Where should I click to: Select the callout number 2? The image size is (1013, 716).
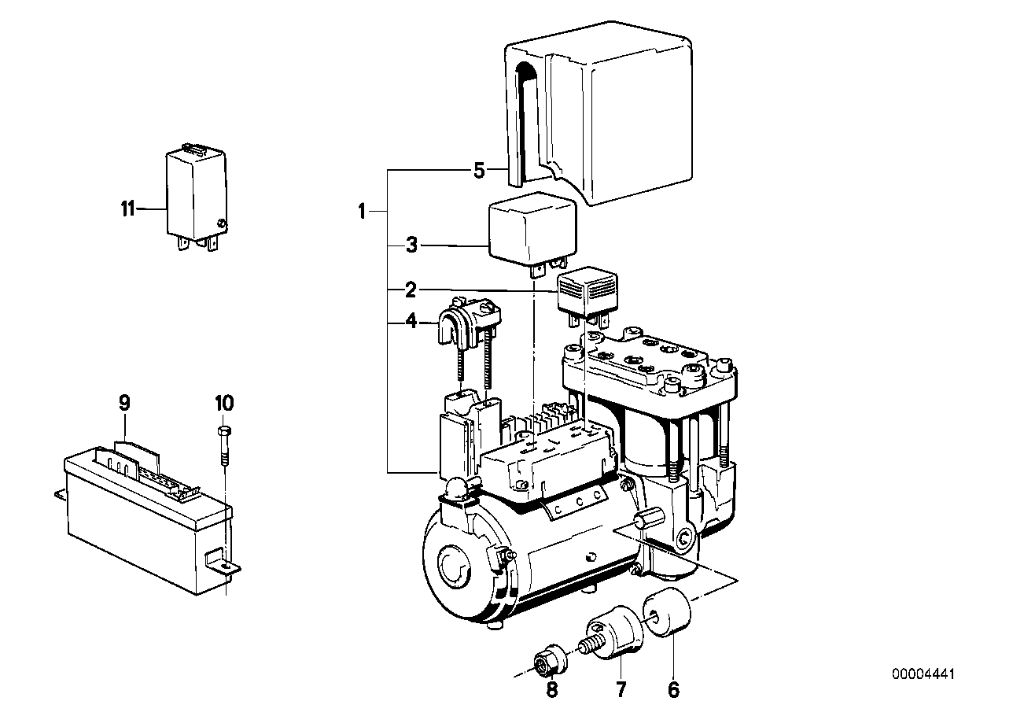tap(410, 291)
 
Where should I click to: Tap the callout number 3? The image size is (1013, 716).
tap(410, 246)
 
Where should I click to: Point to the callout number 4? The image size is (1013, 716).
tap(410, 322)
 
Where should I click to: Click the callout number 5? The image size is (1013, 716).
tap(479, 170)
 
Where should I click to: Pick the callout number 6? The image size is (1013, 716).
tap(672, 691)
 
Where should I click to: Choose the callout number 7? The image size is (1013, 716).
tap(621, 691)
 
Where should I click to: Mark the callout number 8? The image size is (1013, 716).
tap(551, 691)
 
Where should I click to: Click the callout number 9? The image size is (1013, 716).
tap(124, 404)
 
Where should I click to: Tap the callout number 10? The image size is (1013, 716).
tap(223, 404)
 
